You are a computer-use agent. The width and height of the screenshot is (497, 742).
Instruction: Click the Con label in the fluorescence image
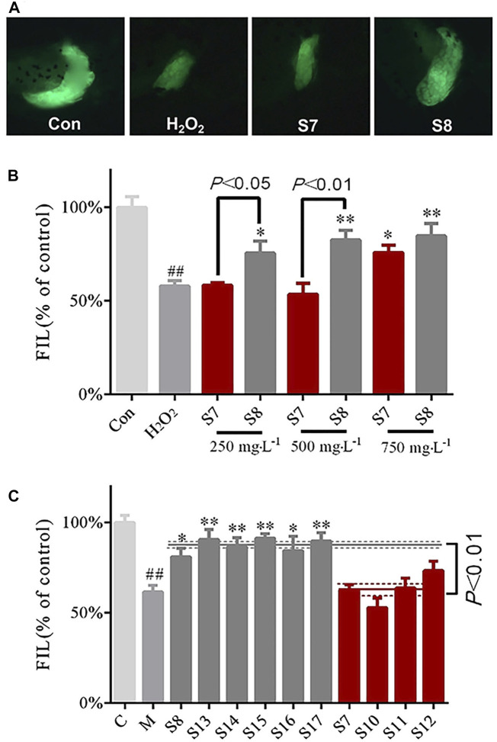(x=66, y=122)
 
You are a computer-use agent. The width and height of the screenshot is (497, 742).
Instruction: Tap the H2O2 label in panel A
(x=188, y=122)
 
